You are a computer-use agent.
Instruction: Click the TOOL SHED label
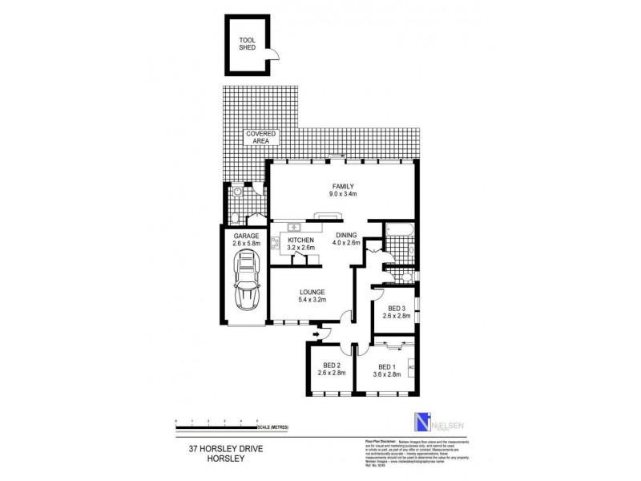(x=246, y=43)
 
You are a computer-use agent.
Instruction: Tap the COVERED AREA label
(x=262, y=137)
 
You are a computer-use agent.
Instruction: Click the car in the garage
(x=245, y=284)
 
